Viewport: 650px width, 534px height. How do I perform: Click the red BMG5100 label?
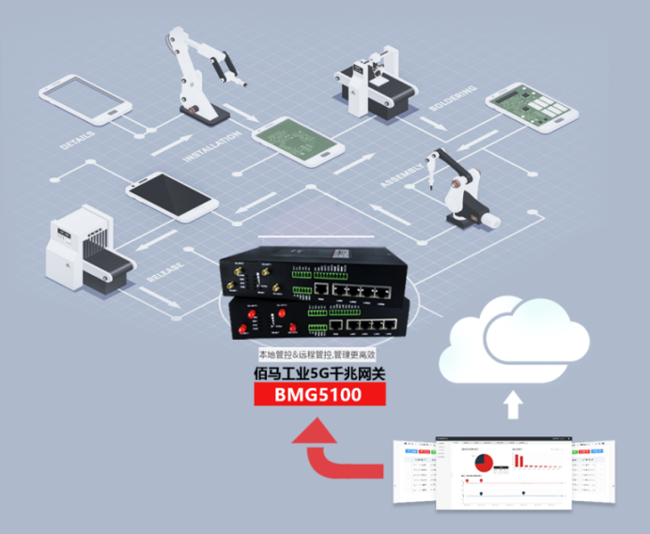[x=317, y=395]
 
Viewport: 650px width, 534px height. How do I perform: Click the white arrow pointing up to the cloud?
[x=512, y=404]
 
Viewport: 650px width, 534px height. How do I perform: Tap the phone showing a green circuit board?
[x=295, y=141]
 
